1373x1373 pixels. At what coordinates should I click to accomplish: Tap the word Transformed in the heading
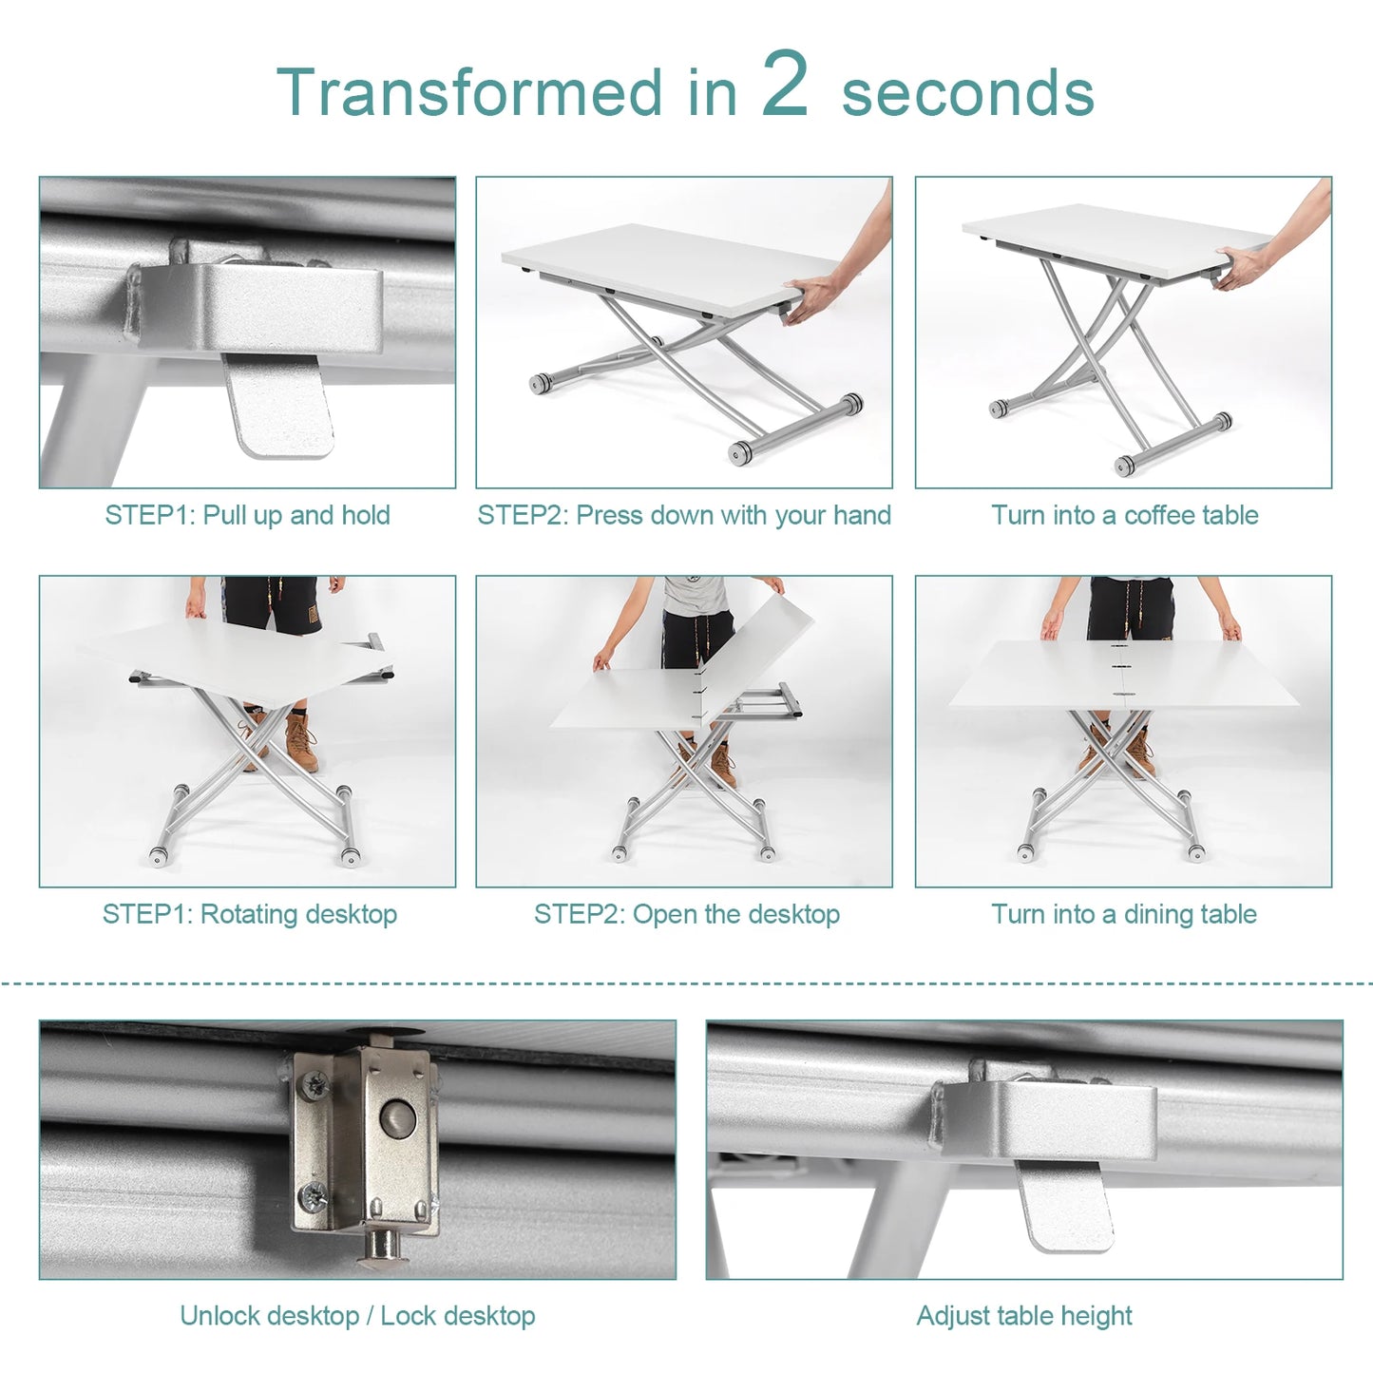pyautogui.click(x=468, y=93)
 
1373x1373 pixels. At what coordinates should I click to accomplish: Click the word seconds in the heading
pyautogui.click(x=967, y=93)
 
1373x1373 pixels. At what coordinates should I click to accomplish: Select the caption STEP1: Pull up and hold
pyautogui.click(x=247, y=515)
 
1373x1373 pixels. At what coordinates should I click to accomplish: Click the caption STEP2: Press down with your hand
pyautogui.click(x=684, y=515)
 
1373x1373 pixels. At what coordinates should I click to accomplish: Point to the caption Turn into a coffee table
pyautogui.click(x=1125, y=515)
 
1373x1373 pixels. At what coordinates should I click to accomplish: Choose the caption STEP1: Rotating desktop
pyautogui.click(x=250, y=914)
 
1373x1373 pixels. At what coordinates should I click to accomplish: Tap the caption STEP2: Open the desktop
pyautogui.click(x=686, y=914)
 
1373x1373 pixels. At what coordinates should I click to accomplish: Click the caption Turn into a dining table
pyautogui.click(x=1124, y=914)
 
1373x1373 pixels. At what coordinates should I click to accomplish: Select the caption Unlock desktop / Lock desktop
pyautogui.click(x=357, y=1316)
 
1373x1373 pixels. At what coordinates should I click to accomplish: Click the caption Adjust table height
pyautogui.click(x=1024, y=1316)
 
